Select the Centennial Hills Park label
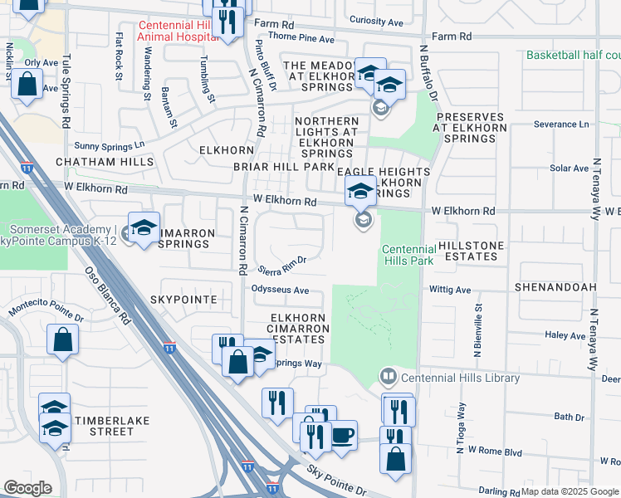408,255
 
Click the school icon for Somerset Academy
144,228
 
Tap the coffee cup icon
342,435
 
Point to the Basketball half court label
573,55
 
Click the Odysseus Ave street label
281,290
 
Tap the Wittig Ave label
450,290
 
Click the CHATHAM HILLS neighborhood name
95,161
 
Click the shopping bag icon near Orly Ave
27,85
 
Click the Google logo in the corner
27,487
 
